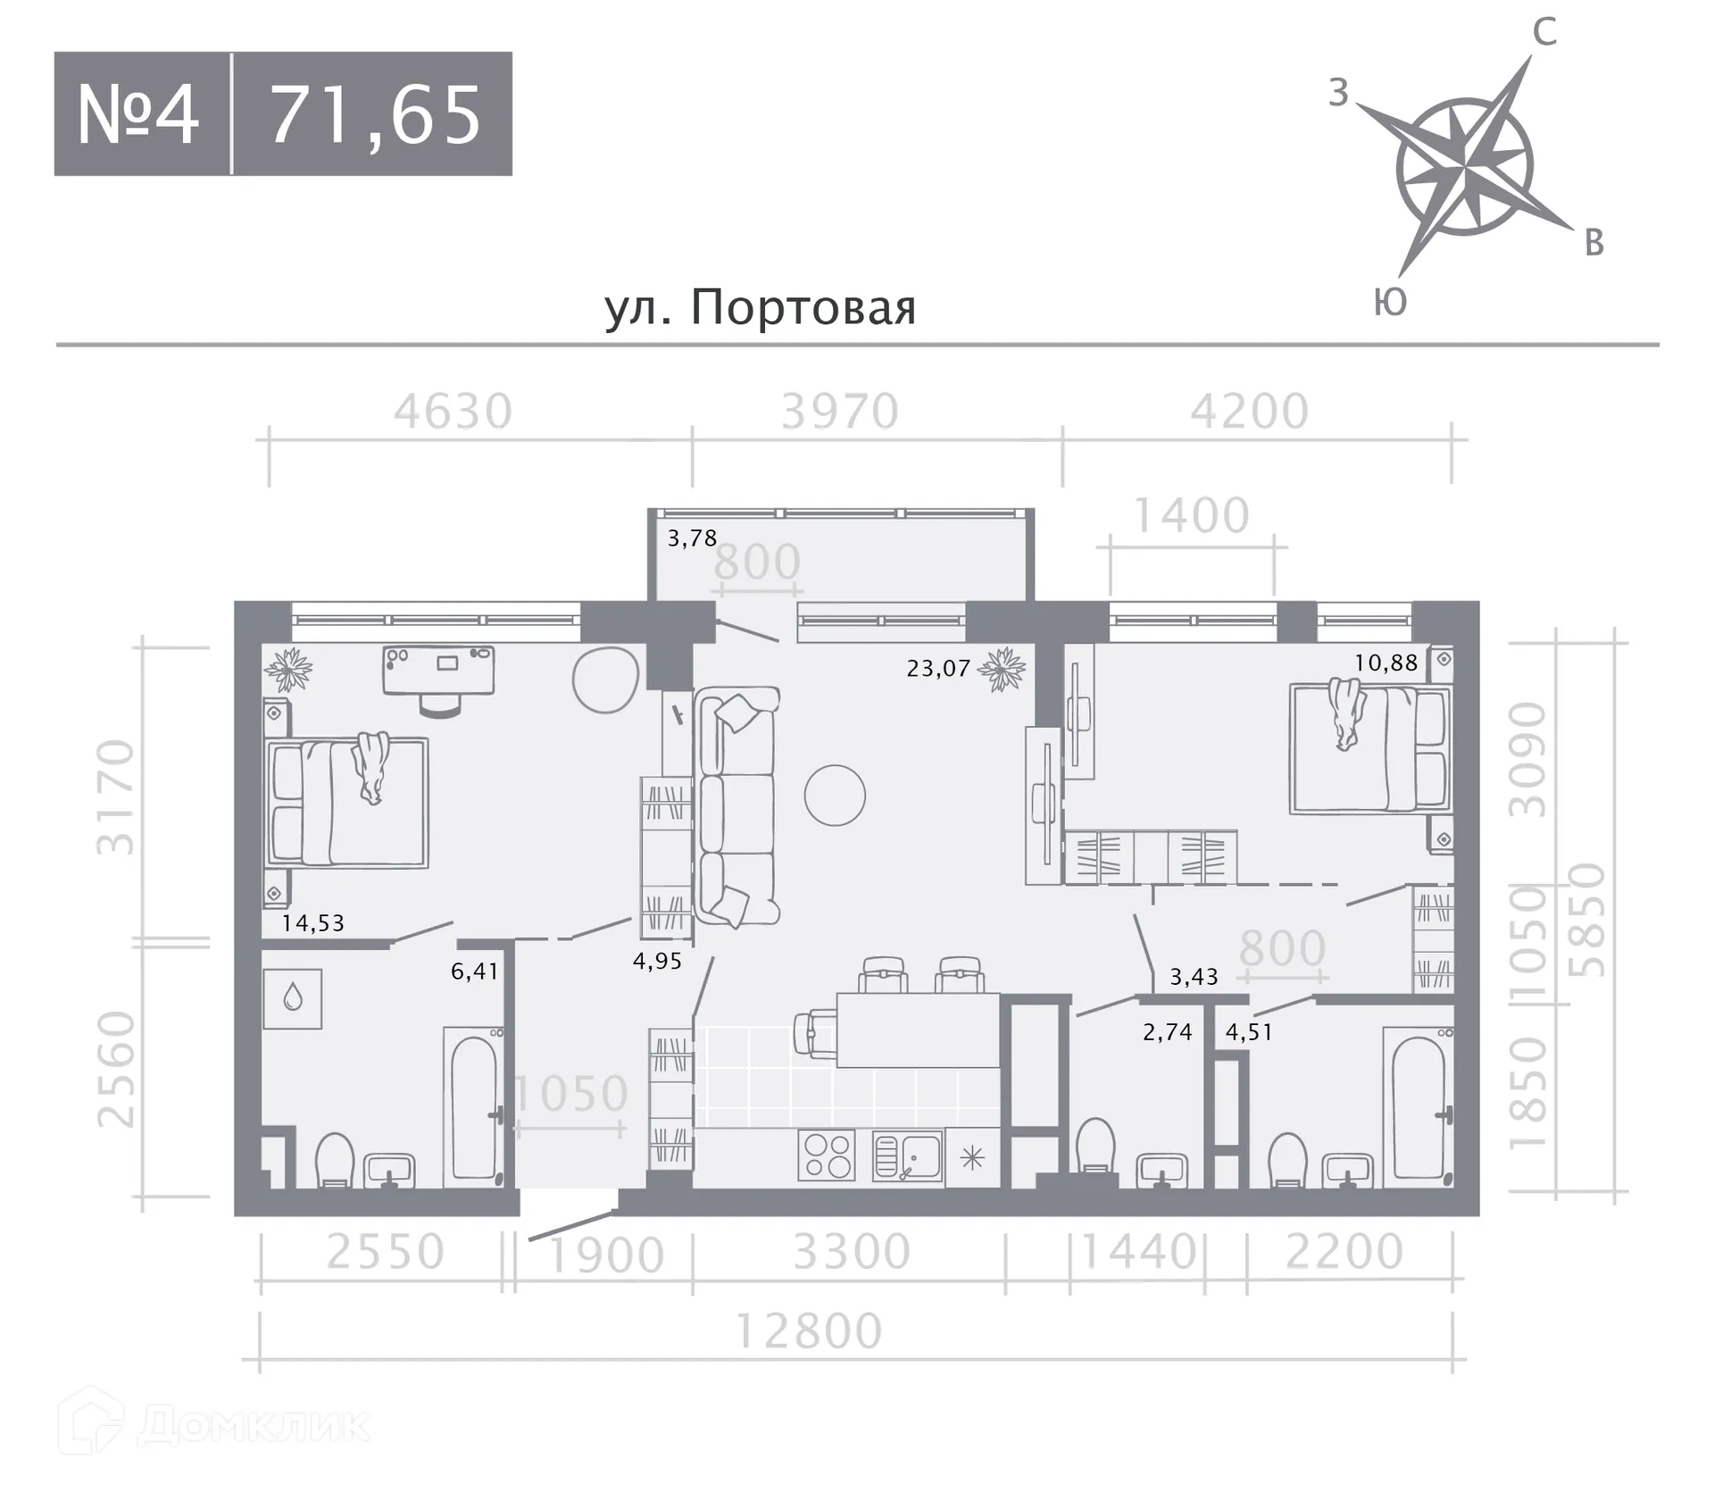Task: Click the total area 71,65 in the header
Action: (x=375, y=115)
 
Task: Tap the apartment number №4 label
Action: (x=137, y=114)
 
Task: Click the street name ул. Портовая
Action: (x=761, y=307)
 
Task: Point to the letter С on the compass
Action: (x=1544, y=32)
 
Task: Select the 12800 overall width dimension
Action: (x=809, y=1331)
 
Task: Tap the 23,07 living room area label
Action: (x=938, y=668)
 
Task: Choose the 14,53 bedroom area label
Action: (x=312, y=922)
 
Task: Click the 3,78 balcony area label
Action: (x=692, y=538)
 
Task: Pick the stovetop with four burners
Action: (x=827, y=1155)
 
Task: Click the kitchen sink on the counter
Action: (x=907, y=1156)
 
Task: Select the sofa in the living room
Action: (x=736, y=805)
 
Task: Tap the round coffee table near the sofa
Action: (x=835, y=795)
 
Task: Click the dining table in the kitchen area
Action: (x=918, y=1030)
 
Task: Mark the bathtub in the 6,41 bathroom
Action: (x=474, y=1106)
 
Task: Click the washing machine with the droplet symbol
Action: (x=292, y=998)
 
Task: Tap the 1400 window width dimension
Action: (x=1191, y=516)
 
